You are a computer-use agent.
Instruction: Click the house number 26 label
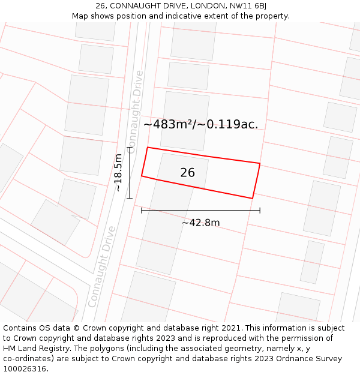click(187, 173)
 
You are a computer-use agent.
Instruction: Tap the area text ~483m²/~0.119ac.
click(200, 124)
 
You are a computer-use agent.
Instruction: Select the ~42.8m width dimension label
click(200, 223)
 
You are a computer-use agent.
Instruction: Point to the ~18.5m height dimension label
click(118, 173)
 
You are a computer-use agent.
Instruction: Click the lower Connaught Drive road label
click(101, 266)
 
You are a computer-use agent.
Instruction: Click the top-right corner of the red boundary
click(260, 163)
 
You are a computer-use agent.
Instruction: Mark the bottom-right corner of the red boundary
click(252, 198)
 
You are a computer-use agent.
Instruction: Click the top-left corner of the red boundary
click(148, 148)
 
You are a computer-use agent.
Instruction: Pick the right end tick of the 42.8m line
click(260, 211)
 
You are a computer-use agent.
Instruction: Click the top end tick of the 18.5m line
click(130, 147)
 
